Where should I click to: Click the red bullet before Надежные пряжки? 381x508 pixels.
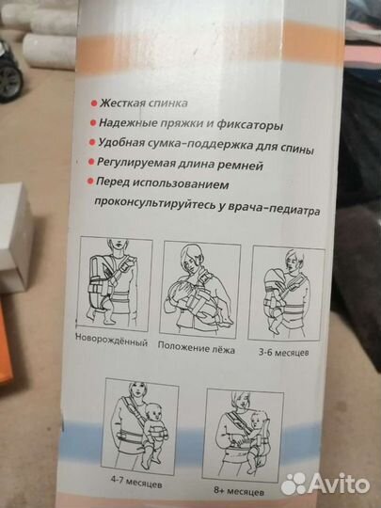coord(94,122)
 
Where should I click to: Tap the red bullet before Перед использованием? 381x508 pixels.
coord(92,183)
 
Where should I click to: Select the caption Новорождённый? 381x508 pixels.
coord(112,341)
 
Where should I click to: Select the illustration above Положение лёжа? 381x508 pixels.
coord(198,286)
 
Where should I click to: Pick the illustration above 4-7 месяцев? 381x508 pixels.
coord(141,423)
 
